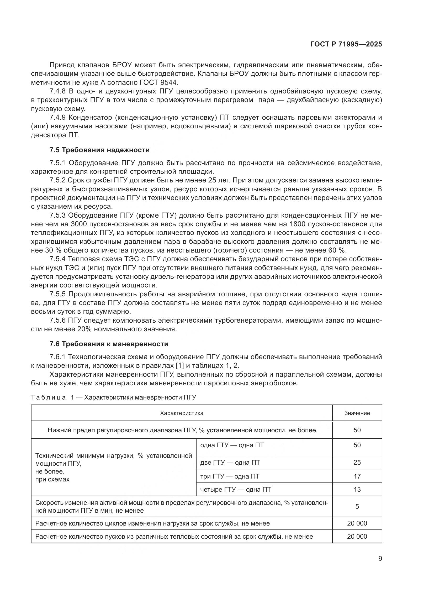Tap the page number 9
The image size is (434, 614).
tap(380, 559)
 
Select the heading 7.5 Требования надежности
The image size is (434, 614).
tap(99, 150)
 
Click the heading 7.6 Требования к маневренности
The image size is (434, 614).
tap(109, 344)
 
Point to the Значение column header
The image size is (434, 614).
tap(357, 413)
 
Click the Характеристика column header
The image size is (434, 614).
tap(182, 413)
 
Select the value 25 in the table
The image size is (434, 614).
tap(357, 462)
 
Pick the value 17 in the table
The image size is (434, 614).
tap(357, 476)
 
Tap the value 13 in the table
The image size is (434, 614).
tap(357, 489)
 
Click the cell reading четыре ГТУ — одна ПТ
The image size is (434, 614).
tap(235, 489)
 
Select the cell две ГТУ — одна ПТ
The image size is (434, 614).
tap(230, 462)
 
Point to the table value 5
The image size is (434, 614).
tap(357, 506)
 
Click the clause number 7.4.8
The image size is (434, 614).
tap(57, 91)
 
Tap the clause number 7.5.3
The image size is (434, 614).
tap(57, 215)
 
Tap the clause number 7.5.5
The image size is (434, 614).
tap(57, 294)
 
